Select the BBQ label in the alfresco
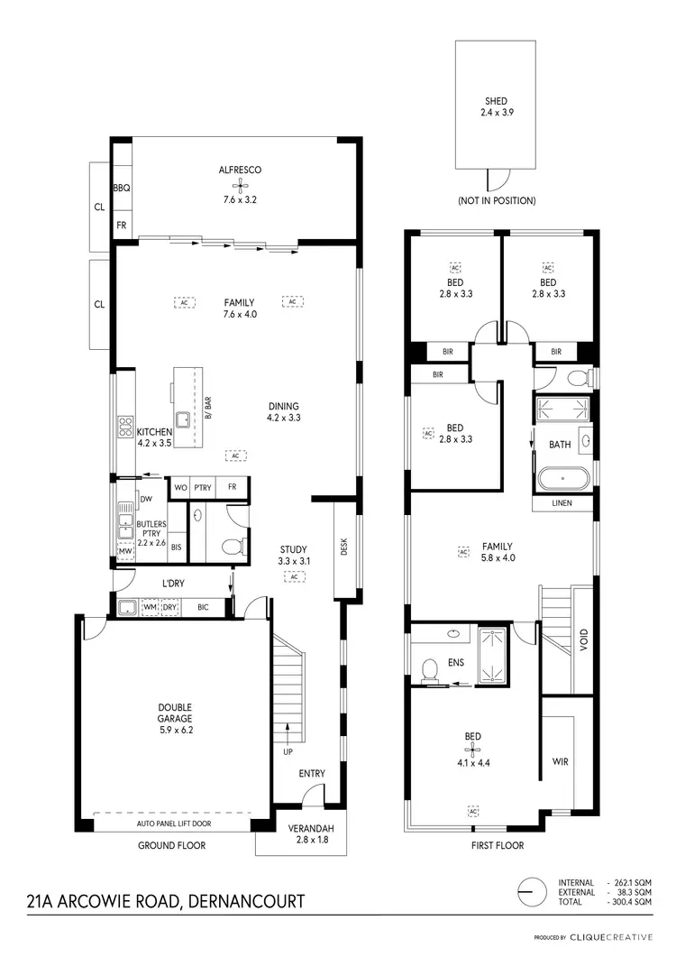tap(122, 188)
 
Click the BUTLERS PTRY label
tap(151, 529)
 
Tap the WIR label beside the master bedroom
tap(560, 761)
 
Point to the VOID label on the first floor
tap(583, 640)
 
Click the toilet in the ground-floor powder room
tap(229, 546)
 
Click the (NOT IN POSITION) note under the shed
tap(496, 200)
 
